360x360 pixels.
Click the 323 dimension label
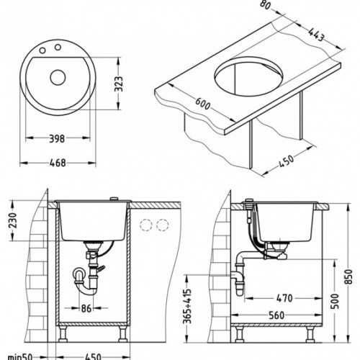coord(119,84)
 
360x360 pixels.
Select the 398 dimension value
coord(57,139)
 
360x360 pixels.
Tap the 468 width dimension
coord(58,163)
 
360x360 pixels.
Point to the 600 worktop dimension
coord(203,104)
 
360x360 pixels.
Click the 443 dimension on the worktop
coord(317,35)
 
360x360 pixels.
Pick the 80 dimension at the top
coord(266,5)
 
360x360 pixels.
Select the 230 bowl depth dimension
coord(12,220)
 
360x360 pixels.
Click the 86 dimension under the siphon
coord(86,308)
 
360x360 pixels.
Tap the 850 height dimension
coord(348,276)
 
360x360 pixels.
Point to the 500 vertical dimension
coord(336,302)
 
